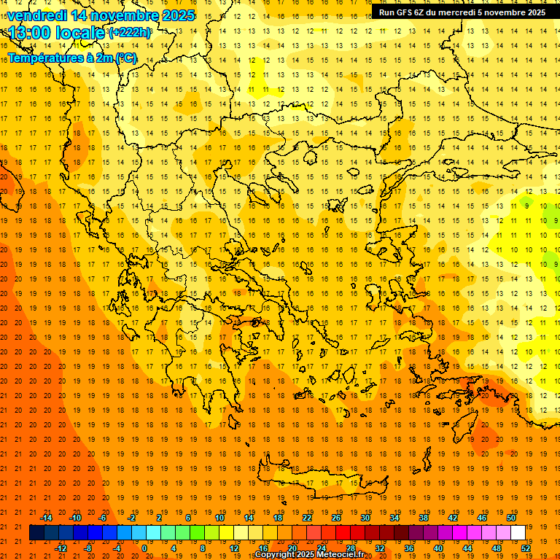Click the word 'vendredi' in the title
(x=36, y=15)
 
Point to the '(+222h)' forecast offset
(x=130, y=32)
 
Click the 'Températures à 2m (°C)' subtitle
(x=72, y=58)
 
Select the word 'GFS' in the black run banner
(x=405, y=12)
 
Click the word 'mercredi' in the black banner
(x=457, y=12)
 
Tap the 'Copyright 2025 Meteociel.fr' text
(x=320, y=555)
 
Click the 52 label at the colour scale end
(x=526, y=548)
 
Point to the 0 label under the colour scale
(x=144, y=548)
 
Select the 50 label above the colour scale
(x=510, y=518)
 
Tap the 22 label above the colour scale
(x=307, y=518)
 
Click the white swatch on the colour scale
(x=518, y=533)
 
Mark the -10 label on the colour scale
(x=74, y=518)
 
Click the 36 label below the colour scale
(x=408, y=548)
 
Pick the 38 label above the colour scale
(x=424, y=518)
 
